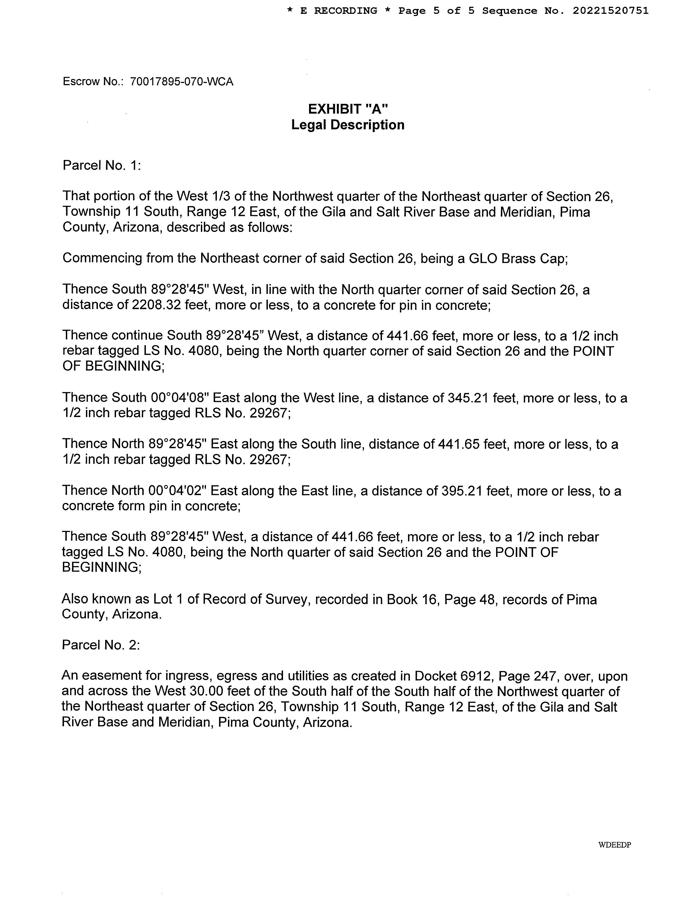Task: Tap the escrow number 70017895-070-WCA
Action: pyautogui.click(x=181, y=81)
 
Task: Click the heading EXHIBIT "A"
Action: pyautogui.click(x=348, y=109)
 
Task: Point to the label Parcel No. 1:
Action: pyautogui.click(x=102, y=165)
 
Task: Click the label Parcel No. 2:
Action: pyautogui.click(x=101, y=645)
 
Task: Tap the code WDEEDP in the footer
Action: pyautogui.click(x=615, y=845)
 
